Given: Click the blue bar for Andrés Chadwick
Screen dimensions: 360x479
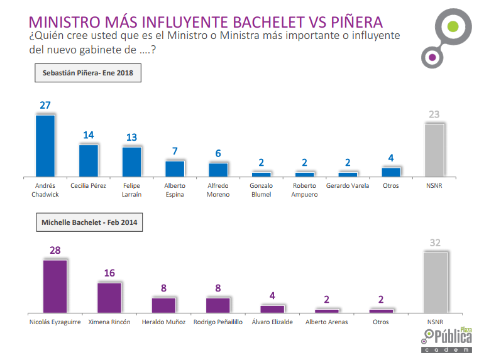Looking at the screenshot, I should point(45,146).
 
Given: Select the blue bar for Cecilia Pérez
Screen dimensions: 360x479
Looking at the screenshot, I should point(88,161).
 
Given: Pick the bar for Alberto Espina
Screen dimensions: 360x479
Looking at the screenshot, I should point(175,169).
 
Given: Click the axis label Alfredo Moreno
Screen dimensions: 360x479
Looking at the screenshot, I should point(218,190).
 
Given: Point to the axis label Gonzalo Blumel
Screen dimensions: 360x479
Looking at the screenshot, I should point(262,190).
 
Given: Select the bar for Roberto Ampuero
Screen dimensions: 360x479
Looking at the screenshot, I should point(305,174).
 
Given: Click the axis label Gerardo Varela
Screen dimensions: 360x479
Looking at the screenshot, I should point(348,186).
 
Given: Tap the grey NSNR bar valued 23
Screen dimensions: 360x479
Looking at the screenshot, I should point(434,150).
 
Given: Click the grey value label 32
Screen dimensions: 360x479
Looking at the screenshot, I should point(435,243).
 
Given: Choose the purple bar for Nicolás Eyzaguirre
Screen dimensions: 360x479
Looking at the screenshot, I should point(55,286).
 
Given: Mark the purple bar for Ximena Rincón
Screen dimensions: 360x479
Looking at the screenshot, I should point(109,297).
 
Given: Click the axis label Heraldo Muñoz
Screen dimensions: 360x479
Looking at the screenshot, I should point(163,322).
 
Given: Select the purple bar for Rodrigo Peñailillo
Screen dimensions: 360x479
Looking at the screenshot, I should point(218,305).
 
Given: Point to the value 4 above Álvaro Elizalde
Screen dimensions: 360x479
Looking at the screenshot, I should point(272,296).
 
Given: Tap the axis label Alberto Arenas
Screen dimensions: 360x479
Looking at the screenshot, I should point(326,322).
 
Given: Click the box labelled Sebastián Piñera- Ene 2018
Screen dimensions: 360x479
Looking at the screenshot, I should point(88,74).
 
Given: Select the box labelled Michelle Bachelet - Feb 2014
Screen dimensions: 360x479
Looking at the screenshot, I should point(89,222).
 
